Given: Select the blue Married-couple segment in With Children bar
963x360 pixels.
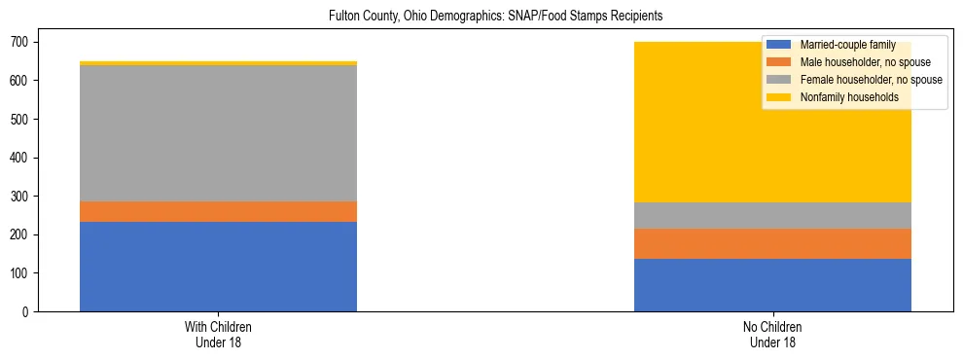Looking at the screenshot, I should [218, 267].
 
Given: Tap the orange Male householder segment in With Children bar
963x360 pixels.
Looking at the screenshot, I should [218, 211].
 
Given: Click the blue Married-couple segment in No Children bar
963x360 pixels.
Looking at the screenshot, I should [772, 285].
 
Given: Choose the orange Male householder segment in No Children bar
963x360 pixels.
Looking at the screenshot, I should [772, 243].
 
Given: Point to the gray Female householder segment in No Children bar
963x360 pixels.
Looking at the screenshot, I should [772, 215].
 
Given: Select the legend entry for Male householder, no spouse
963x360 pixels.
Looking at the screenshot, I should [861, 62].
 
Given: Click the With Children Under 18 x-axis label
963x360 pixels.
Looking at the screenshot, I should [218, 334].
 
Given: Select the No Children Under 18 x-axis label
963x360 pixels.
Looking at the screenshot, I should [772, 334].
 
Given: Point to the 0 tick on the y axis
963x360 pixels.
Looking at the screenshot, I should [28, 312].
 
